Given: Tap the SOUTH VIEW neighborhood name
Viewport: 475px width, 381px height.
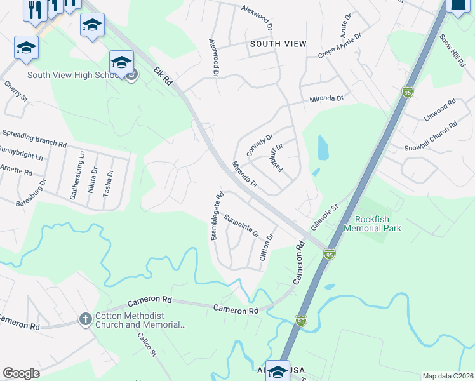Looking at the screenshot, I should point(278,44).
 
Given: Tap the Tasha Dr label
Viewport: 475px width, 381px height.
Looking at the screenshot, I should point(110,181).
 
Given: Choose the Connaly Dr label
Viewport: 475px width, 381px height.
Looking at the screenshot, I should point(259,145).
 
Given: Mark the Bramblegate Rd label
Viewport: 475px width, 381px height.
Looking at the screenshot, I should point(216,217).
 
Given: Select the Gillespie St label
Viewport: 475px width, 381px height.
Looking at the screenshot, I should point(325,215).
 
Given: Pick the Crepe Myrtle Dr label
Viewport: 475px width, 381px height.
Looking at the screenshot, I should point(340,46).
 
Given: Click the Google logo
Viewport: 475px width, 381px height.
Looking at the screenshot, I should point(21,373).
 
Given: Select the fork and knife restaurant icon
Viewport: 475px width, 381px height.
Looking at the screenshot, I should point(34,9).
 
